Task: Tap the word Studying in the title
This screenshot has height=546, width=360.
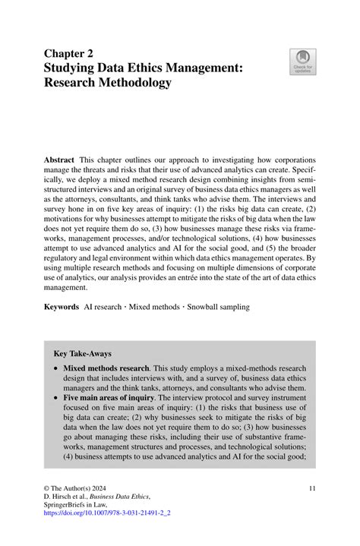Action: point(79,68)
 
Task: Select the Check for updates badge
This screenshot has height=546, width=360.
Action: point(302,63)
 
